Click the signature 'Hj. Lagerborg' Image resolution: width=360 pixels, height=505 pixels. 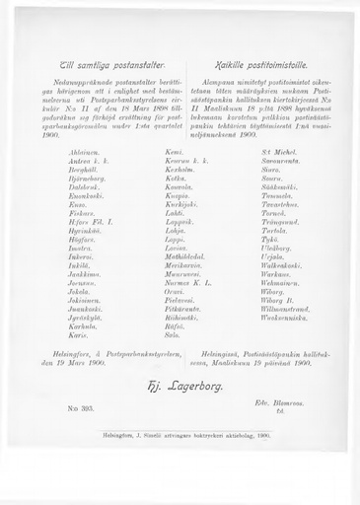pyautogui.click(x=180, y=386)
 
